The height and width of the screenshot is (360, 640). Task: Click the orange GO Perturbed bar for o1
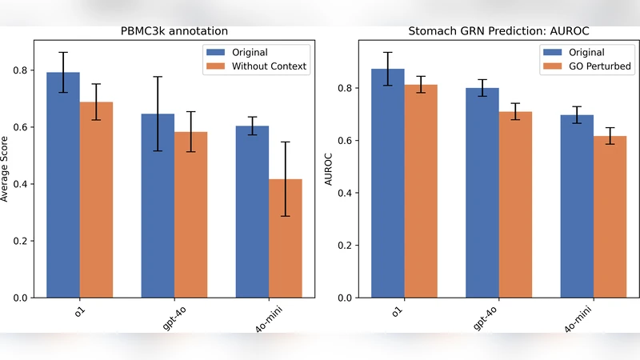tap(421, 192)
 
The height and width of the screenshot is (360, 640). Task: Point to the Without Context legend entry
tap(268, 66)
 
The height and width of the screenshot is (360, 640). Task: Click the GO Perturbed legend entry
tap(592, 66)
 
